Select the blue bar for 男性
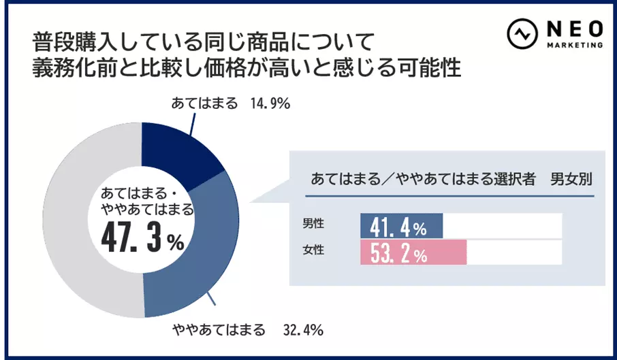[401, 226]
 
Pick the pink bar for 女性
[413, 253]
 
